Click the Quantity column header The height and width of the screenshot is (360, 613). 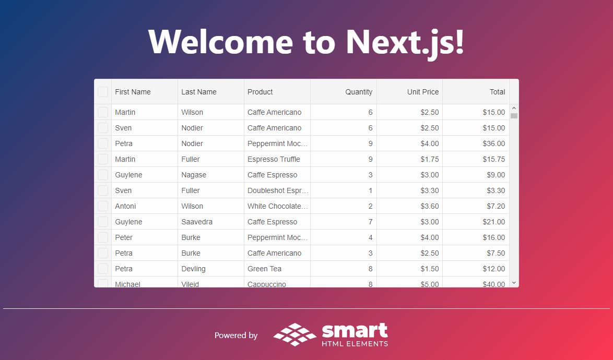(x=359, y=92)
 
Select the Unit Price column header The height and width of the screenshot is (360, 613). (x=422, y=92)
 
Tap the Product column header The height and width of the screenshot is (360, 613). (x=260, y=92)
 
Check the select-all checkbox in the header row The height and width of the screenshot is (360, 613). (x=103, y=92)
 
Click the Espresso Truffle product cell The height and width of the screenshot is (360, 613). (x=274, y=159)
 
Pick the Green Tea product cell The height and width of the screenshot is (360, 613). (x=264, y=269)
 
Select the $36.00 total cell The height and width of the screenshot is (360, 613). (x=494, y=143)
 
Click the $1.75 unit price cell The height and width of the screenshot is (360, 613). (x=430, y=159)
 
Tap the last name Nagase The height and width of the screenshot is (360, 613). (x=194, y=175)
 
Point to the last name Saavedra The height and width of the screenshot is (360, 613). (x=197, y=222)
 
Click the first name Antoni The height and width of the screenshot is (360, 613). (x=125, y=206)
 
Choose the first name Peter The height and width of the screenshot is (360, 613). (x=124, y=237)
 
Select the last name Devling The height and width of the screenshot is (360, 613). (x=193, y=269)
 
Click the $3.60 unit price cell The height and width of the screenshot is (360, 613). (x=430, y=206)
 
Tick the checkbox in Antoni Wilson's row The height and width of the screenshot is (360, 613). (x=103, y=206)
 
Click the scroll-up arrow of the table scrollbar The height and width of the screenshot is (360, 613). (x=514, y=108)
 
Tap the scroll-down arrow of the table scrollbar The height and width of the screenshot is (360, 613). (x=514, y=283)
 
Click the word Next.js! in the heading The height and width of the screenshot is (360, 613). (x=405, y=42)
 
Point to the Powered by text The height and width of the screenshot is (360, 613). (x=235, y=335)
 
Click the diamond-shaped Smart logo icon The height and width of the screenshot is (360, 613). (x=295, y=334)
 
